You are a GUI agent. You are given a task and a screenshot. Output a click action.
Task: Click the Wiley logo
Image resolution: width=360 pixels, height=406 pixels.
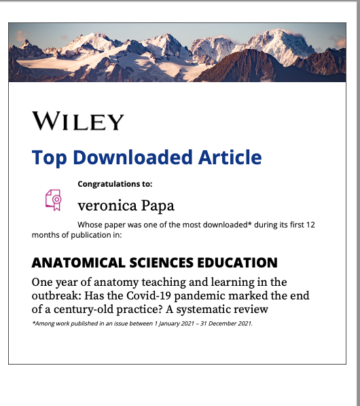click(77, 122)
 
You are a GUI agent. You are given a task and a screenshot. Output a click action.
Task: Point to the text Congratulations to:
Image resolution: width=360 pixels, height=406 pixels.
click(115, 184)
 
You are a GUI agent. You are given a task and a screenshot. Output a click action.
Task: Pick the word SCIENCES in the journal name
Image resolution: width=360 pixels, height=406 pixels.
click(156, 263)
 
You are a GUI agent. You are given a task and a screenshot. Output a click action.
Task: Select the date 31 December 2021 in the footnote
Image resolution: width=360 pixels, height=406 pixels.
click(221, 324)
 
